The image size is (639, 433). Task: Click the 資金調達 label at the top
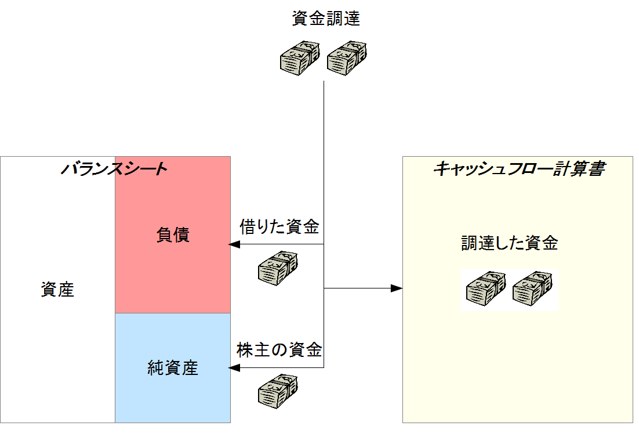coord(326,19)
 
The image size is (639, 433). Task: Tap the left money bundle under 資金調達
coord(300,57)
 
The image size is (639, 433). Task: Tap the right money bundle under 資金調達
coord(347,57)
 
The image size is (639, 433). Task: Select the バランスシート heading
coord(114,169)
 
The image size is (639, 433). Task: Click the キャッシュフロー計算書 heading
coord(519,169)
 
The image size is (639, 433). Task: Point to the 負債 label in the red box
coord(173,235)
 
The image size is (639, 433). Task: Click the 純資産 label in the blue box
coord(173,367)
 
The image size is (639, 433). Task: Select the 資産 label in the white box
coord(57,290)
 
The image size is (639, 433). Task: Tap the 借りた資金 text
coord(279,227)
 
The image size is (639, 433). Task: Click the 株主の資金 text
coord(279,350)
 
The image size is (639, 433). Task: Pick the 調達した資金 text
coord(510,243)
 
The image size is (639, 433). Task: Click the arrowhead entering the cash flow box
coord(397,288)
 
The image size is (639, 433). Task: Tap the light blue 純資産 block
coord(173,400)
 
